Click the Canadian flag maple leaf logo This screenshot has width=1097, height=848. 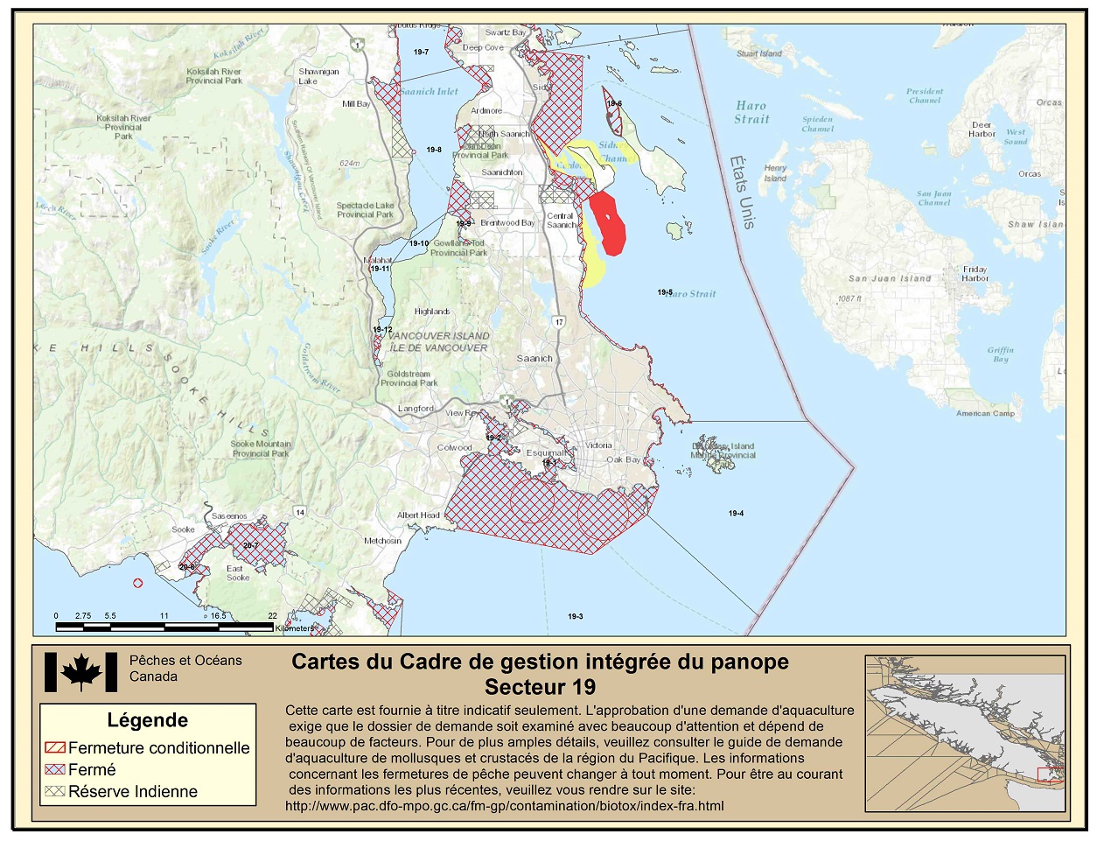[80, 672]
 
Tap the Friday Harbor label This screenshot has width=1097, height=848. [975, 274]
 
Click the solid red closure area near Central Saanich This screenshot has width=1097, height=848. [607, 223]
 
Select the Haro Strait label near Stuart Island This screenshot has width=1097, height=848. [751, 112]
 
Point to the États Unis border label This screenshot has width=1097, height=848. [741, 192]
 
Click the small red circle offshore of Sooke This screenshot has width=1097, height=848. [137, 583]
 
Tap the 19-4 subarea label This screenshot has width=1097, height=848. [736, 514]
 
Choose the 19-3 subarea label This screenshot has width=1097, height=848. [575, 617]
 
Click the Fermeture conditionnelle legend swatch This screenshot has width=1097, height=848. [55, 748]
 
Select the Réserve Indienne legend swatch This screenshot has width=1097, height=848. [55, 791]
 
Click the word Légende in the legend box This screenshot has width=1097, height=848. [147, 720]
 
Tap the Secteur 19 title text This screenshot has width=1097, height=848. [540, 687]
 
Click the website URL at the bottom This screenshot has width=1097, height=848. [504, 806]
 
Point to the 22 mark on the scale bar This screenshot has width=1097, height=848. [272, 616]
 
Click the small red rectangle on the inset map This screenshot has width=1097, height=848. [1050, 774]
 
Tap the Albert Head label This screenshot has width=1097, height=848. [418, 515]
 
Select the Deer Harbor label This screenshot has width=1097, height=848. [982, 130]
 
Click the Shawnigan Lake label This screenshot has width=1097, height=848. [318, 76]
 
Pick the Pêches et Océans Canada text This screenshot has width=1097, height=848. [185, 669]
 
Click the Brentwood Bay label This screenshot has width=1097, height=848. [507, 223]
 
